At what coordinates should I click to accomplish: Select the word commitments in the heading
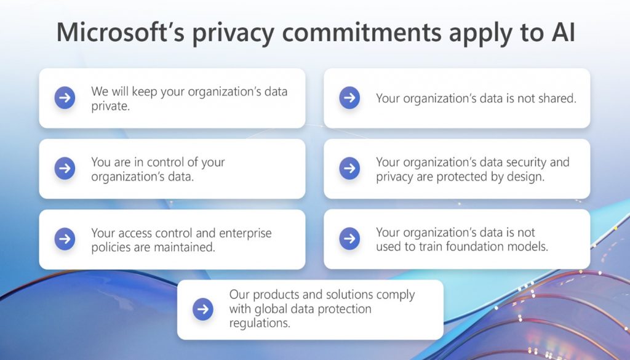(365, 32)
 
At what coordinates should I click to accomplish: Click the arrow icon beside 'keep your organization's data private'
(65, 98)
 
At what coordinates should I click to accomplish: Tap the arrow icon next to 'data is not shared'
(349, 98)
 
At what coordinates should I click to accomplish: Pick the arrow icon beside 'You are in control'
(65, 169)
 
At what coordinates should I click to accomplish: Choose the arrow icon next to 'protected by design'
(349, 169)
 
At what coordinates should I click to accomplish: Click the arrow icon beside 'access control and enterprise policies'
(65, 239)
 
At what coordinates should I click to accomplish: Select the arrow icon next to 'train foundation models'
(349, 239)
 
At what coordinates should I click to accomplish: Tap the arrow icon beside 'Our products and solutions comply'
(202, 310)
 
